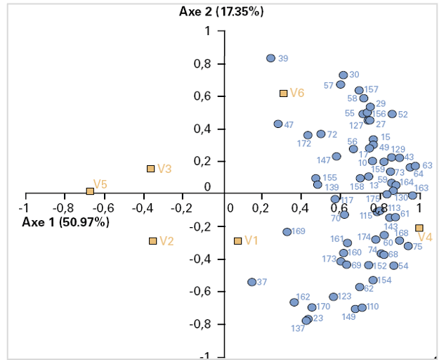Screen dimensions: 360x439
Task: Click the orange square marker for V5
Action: tap(90, 191)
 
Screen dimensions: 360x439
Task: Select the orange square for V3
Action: tap(150, 169)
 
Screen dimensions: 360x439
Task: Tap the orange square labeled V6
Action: tap(283, 93)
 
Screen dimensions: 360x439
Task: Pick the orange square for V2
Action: tap(152, 241)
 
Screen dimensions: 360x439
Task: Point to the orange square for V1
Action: tap(237, 241)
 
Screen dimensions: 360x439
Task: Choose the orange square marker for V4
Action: tap(419, 228)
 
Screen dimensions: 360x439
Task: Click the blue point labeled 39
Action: tap(270, 58)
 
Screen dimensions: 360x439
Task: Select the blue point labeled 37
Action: tap(251, 282)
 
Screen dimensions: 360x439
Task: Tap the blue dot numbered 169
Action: tap(287, 232)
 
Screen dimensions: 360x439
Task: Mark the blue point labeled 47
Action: tap(278, 124)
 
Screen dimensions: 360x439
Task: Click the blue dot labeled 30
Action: tap(343, 75)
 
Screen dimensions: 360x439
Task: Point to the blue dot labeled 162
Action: tap(294, 302)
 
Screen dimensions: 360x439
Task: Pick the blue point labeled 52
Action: tap(392, 114)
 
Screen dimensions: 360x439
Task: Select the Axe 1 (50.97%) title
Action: tap(66, 222)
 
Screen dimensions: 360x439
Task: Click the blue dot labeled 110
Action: tap(362, 307)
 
